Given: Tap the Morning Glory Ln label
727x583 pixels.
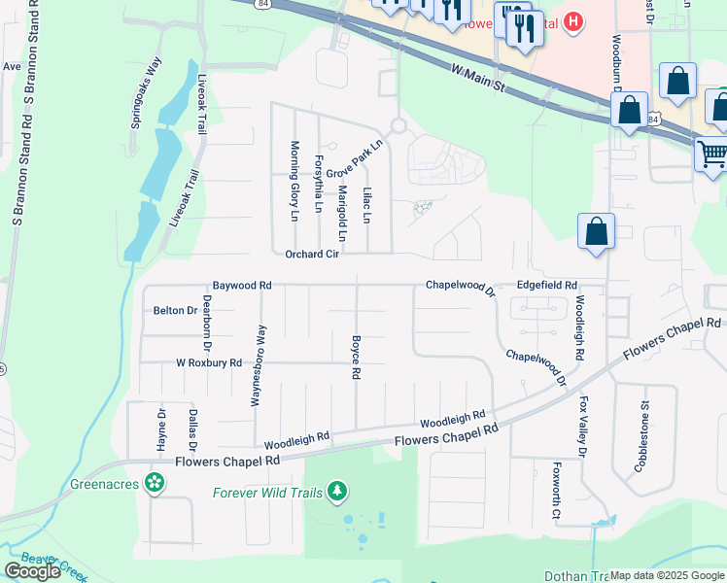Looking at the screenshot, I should pyautogui.click(x=294, y=181).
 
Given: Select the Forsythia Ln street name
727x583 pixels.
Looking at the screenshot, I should pyautogui.click(x=318, y=184).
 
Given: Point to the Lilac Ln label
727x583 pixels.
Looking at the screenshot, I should pyautogui.click(x=367, y=205).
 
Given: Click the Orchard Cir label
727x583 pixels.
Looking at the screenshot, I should pyautogui.click(x=311, y=255).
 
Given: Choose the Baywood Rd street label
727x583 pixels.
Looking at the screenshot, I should pyautogui.click(x=242, y=286).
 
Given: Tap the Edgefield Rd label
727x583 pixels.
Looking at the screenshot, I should pyautogui.click(x=546, y=286).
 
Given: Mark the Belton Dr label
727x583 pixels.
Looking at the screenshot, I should pyautogui.click(x=175, y=311).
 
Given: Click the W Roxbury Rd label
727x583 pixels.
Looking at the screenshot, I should pyautogui.click(x=208, y=362).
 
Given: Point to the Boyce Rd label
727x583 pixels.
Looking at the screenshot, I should pyautogui.click(x=357, y=358).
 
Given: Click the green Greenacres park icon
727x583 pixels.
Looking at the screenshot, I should pyautogui.click(x=154, y=481).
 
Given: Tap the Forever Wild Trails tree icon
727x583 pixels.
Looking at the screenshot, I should pyautogui.click(x=337, y=492).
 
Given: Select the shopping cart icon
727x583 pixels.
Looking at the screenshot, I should pyautogui.click(x=712, y=154).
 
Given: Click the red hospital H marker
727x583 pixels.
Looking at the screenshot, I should pyautogui.click(x=574, y=20).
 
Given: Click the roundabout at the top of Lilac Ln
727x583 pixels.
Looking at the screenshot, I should pyautogui.click(x=397, y=125).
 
